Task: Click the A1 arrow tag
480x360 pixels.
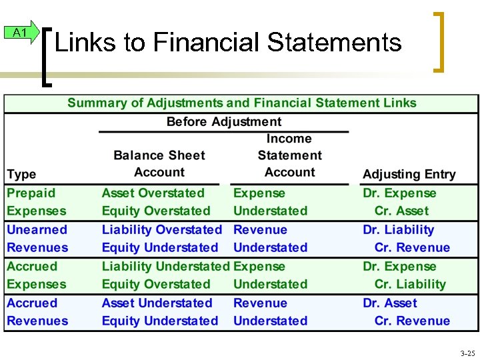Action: (21, 33)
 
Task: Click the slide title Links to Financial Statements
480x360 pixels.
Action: (228, 43)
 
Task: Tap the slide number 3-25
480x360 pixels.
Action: (467, 352)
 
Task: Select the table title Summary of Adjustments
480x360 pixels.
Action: (241, 103)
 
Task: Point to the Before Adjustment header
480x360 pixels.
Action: (224, 121)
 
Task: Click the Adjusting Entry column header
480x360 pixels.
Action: (409, 174)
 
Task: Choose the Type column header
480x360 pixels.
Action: (21, 174)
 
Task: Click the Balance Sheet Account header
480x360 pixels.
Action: (159, 163)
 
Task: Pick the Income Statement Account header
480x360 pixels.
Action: (289, 155)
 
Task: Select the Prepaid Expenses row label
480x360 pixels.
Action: (36, 202)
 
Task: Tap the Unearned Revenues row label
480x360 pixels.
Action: (37, 239)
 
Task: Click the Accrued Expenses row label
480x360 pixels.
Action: (36, 275)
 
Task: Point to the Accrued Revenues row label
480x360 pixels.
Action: (37, 312)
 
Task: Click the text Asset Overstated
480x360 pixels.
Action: (153, 193)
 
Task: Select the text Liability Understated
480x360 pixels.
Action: (165, 266)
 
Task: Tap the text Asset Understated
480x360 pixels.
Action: (157, 303)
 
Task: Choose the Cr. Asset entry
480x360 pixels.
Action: (401, 211)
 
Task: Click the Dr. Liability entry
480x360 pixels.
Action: (398, 229)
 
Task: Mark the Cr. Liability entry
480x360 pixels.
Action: (410, 284)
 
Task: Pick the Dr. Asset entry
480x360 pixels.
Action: (390, 303)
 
